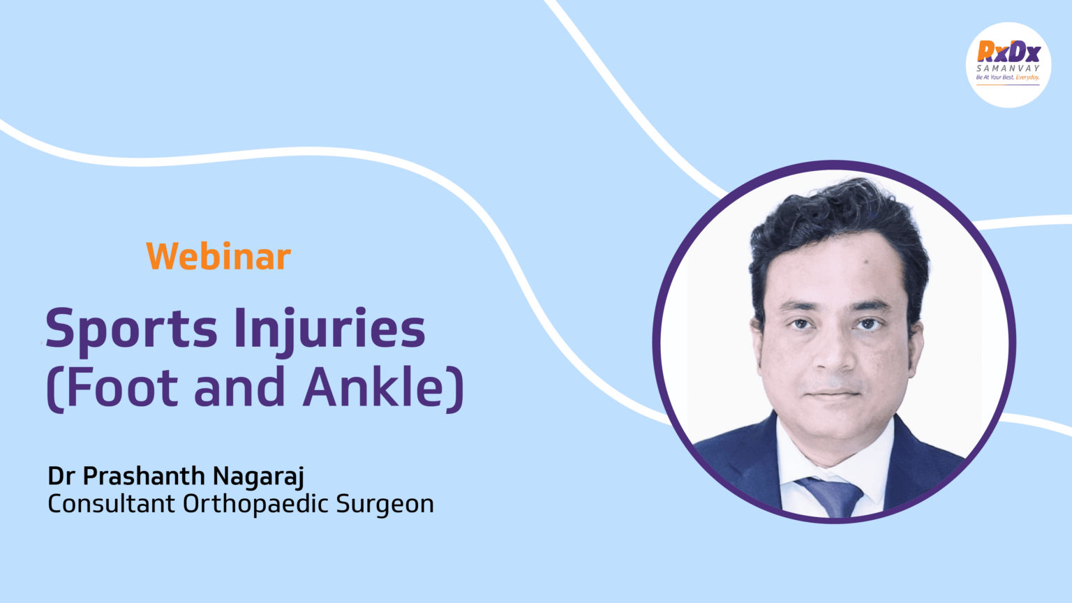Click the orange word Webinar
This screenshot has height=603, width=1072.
coord(218,256)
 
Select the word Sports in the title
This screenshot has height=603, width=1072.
coord(132,331)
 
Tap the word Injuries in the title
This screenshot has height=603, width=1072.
coord(329,331)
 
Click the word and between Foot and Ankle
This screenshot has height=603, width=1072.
coord(239,387)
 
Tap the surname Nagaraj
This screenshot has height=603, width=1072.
coord(258,477)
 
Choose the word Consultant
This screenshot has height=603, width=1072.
coord(111,503)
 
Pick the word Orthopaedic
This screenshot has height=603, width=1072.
coord(255,505)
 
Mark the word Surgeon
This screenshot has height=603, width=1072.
coord(385,505)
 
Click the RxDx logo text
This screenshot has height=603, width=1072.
coord(1008,51)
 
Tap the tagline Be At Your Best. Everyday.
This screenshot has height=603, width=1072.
coord(1008,77)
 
